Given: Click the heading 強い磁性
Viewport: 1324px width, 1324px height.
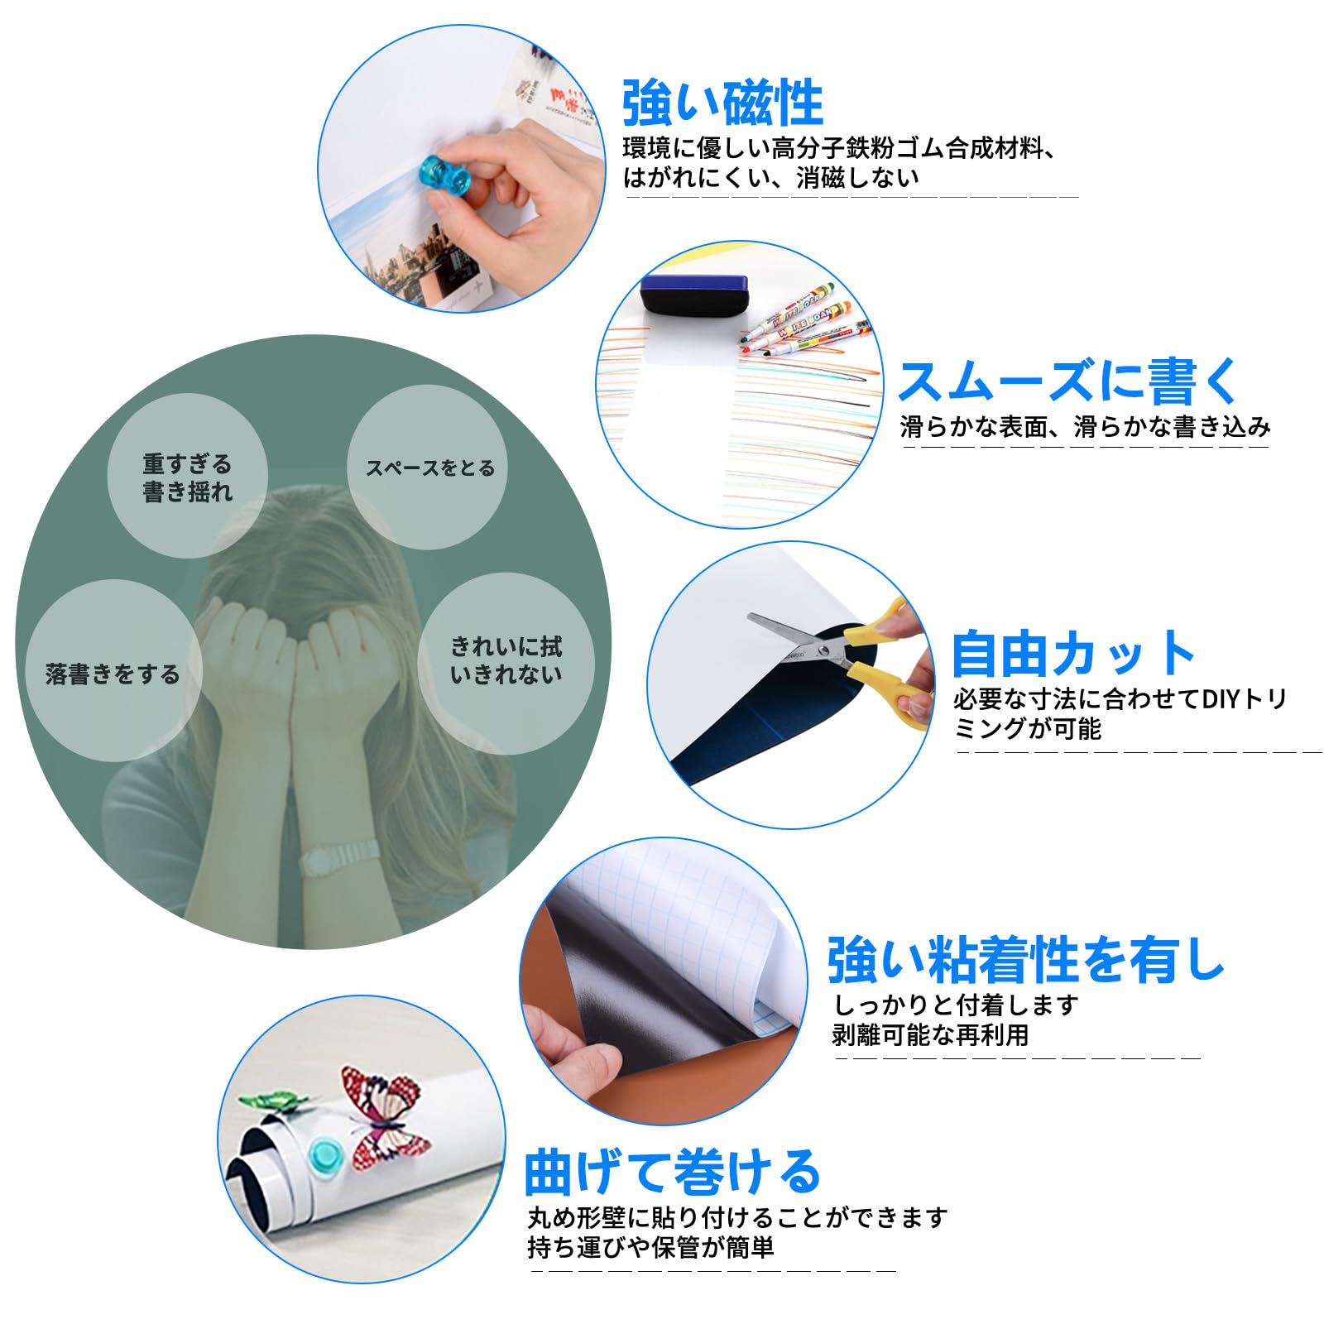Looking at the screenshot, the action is coord(722,103).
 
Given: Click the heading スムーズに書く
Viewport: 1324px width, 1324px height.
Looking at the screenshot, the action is coord(1068,381).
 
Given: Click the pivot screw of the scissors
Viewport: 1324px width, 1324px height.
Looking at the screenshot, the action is coord(823,652).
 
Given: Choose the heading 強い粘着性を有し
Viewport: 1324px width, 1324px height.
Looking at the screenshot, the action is coord(1026,960).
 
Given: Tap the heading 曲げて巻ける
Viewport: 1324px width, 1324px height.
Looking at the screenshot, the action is coord(672,1172).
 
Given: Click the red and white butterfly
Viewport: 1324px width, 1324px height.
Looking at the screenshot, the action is coord(383,1115).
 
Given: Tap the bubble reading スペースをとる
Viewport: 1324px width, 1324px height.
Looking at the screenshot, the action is coord(430,468).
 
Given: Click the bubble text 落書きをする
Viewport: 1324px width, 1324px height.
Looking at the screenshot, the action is coord(113,674).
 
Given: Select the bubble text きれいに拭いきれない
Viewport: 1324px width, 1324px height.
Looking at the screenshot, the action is coord(506,660).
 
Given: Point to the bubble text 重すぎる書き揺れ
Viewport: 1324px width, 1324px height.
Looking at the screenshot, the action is coord(187,477).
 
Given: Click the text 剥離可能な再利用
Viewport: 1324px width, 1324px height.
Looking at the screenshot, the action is coord(930,1034).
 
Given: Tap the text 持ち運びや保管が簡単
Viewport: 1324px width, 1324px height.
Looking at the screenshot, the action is coord(650,1247).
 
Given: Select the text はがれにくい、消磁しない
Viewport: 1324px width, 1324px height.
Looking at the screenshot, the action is coord(770,177).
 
